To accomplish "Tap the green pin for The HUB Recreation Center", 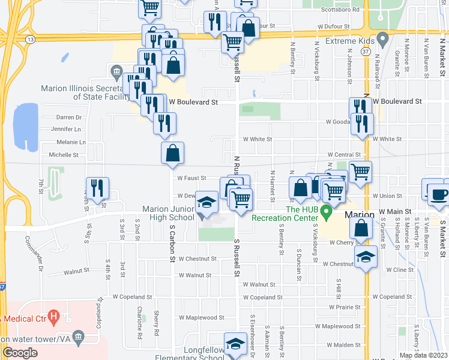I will pyautogui.click(x=326, y=212).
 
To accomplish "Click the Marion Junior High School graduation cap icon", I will pyautogui.click(x=206, y=202).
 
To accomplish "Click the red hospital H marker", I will pyautogui.click(x=54, y=315).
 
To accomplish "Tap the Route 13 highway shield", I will pyautogui.click(x=30, y=38).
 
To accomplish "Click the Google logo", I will pyautogui.click(x=20, y=352).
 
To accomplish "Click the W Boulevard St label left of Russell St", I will pyautogui.click(x=192, y=103).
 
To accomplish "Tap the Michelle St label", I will pyautogui.click(x=64, y=155).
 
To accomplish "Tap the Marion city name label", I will pyautogui.click(x=360, y=214).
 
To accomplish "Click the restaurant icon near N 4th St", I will pyautogui.click(x=97, y=188).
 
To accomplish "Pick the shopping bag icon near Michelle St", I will pyautogui.click(x=173, y=153).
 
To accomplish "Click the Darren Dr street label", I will pyautogui.click(x=68, y=117).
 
